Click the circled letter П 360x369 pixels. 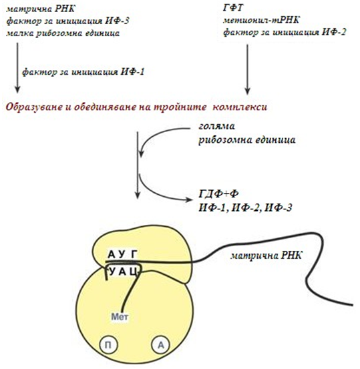click(x=108, y=345)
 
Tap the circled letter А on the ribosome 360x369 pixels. click(x=161, y=345)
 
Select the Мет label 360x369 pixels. click(x=120, y=317)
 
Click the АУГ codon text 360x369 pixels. click(x=122, y=254)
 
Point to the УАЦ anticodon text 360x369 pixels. click(x=123, y=272)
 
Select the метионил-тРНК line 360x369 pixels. click(x=261, y=20)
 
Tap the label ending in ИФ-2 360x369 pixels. click(x=285, y=32)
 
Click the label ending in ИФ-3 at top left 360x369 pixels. click(x=68, y=21)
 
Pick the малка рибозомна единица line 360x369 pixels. click(x=63, y=33)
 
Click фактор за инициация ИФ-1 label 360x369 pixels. click(x=83, y=71)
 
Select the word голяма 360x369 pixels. click(x=217, y=126)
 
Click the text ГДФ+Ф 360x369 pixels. click(x=218, y=194)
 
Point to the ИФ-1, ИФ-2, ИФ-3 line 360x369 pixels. click(x=246, y=208)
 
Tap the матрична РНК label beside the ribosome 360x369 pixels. click(x=266, y=256)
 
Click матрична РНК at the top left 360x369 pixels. click(x=41, y=9)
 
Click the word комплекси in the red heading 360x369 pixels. click(x=240, y=107)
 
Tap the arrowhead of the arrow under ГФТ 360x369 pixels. click(x=247, y=91)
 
